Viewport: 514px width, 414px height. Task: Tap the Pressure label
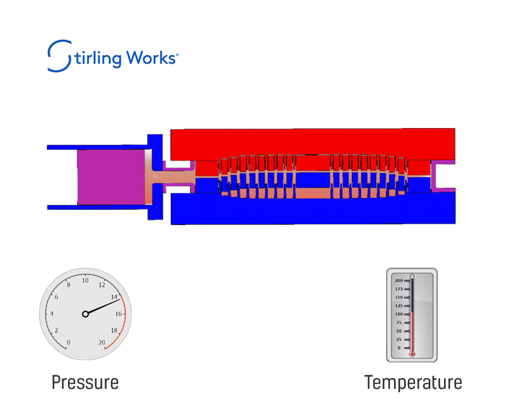85,382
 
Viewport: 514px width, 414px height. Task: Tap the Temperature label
413,382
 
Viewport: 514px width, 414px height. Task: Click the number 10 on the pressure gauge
85,280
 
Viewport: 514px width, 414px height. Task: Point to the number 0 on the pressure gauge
69,343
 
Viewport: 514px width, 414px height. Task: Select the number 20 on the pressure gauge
102,343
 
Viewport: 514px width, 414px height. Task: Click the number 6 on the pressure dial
57,297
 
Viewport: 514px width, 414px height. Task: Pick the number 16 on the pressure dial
119,314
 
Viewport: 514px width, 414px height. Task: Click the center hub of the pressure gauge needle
85,314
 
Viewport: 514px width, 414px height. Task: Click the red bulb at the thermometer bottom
412,354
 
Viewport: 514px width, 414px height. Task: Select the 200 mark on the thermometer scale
398,281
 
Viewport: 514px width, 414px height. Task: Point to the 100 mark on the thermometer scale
398,314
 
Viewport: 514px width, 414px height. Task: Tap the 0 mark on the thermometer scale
400,348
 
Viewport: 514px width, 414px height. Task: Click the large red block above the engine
313,141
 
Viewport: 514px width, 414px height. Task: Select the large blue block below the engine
313,209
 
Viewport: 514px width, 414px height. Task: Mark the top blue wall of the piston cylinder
96,147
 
